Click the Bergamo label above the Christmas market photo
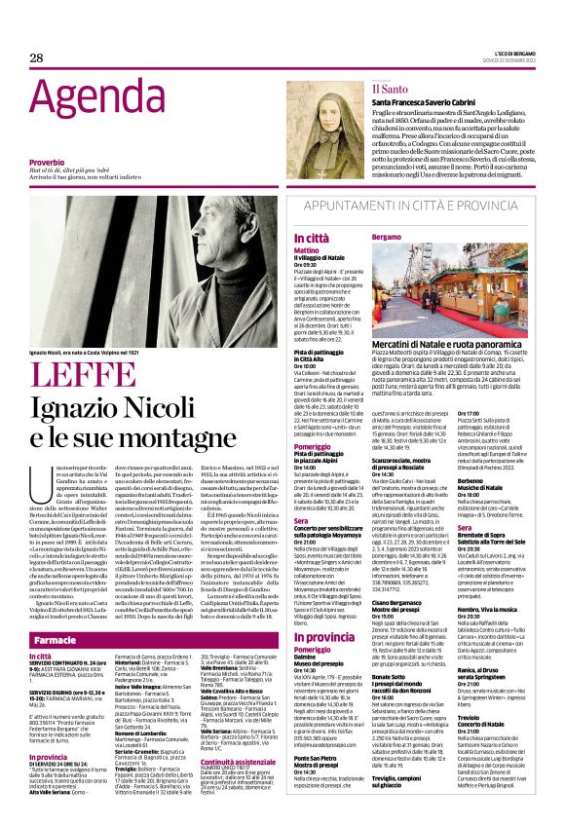[388, 238]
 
